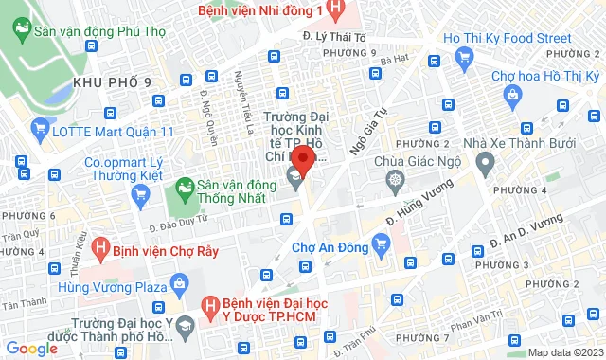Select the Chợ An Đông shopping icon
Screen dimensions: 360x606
coord(382,246)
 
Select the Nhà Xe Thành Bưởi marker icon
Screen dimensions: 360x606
coord(486,165)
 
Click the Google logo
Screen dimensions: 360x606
coord(30,349)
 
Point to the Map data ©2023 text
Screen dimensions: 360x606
coord(564,352)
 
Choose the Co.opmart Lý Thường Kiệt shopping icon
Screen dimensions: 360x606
coord(141,195)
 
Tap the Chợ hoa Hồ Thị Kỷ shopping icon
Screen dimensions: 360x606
coord(512,94)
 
